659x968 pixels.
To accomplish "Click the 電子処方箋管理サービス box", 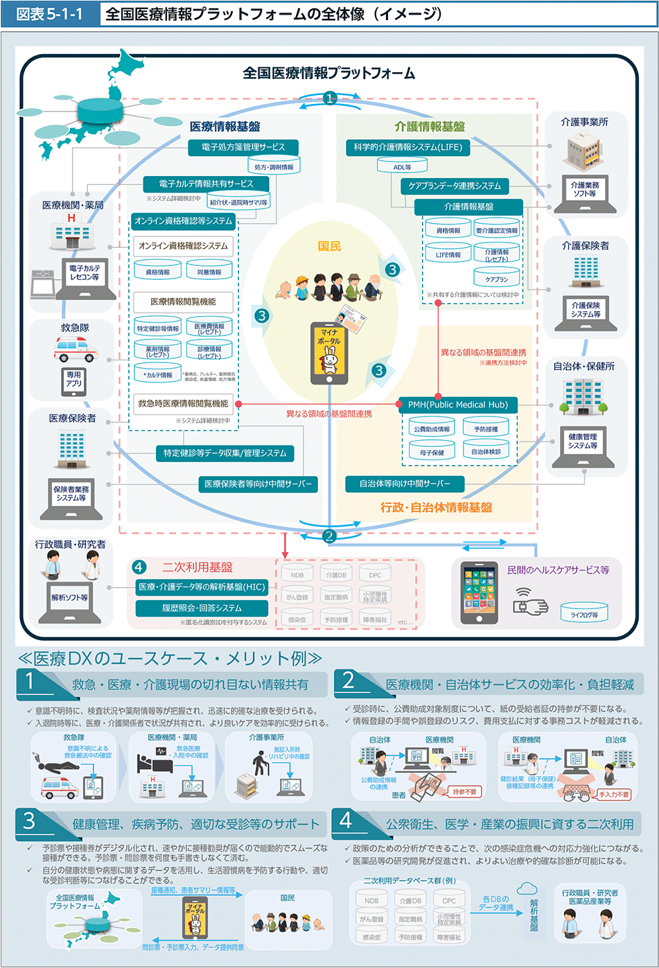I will pyautogui.click(x=243, y=147).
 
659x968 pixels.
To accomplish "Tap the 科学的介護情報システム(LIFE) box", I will pyautogui.click(x=407, y=147).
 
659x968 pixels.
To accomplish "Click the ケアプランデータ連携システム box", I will pyautogui.click(x=455, y=186).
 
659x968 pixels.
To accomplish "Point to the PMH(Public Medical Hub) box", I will pyautogui.click(x=458, y=405).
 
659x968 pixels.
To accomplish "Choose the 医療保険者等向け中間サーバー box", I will pyautogui.click(x=258, y=484).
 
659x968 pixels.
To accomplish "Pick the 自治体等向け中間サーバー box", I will pyautogui.click(x=405, y=484).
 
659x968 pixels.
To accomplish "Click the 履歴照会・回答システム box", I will pyautogui.click(x=202, y=608).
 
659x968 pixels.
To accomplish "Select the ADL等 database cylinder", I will pyautogui.click(x=402, y=166).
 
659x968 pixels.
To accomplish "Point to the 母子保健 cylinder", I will pyautogui.click(x=432, y=451).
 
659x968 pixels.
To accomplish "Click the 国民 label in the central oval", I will pyautogui.click(x=329, y=246).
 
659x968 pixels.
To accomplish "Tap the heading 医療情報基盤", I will pyautogui.click(x=225, y=126).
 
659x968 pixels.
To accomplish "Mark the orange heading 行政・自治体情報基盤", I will pyautogui.click(x=436, y=507).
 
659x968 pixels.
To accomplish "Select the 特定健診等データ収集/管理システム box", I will pyautogui.click(x=225, y=453).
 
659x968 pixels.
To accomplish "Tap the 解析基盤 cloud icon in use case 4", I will pyautogui.click(x=529, y=890).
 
